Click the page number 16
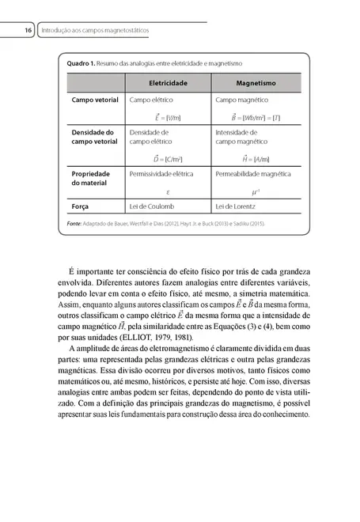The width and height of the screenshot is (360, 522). (x=27, y=30)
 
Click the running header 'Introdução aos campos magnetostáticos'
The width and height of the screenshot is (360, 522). (x=96, y=30)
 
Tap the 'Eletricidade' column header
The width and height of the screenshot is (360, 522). (x=168, y=82)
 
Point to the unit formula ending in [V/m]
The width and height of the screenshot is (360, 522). (x=168, y=117)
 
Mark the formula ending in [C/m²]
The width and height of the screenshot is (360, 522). (x=168, y=158)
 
